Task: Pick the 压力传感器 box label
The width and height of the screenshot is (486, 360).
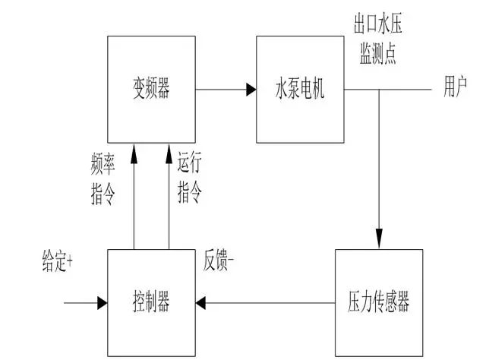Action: click(372, 304)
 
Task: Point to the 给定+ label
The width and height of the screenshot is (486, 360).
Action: click(57, 261)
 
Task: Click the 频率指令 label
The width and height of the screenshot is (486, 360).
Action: click(103, 178)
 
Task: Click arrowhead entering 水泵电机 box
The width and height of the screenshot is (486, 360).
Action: click(251, 90)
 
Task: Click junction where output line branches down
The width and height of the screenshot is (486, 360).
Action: click(377, 90)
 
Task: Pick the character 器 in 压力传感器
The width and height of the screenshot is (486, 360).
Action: click(402, 304)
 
